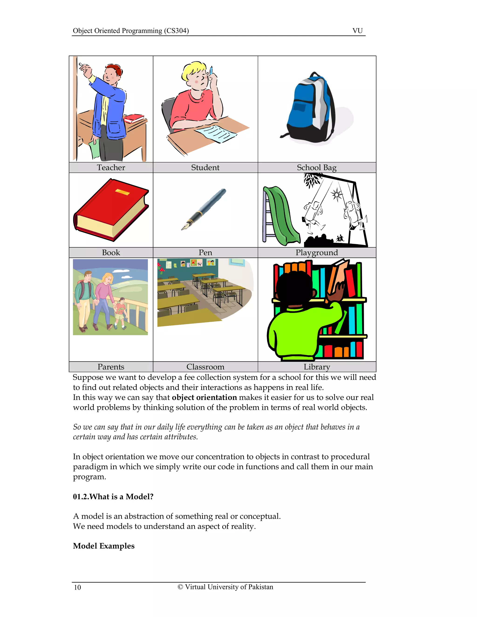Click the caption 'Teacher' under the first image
point(111,168)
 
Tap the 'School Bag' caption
point(317,168)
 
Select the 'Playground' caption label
point(317,253)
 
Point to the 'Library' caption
point(317,367)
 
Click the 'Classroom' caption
point(205,367)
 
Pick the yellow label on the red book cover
point(122,192)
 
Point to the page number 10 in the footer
point(77,587)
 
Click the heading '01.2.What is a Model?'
point(113,496)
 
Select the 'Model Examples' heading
point(103,546)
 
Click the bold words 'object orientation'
point(204,397)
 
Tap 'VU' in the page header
point(358,31)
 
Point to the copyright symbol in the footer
point(180,587)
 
